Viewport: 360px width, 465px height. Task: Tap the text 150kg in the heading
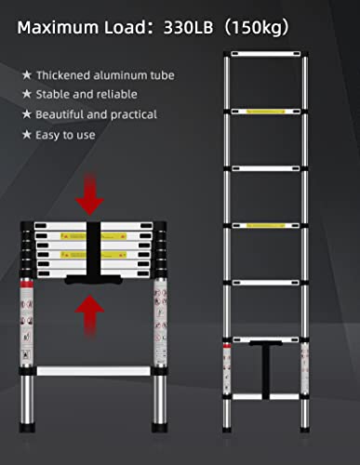coord(264,27)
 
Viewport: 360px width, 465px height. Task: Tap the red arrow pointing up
coord(90,312)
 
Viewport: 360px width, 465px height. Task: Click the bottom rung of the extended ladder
coord(265,397)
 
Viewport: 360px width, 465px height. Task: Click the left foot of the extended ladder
coord(227,457)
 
